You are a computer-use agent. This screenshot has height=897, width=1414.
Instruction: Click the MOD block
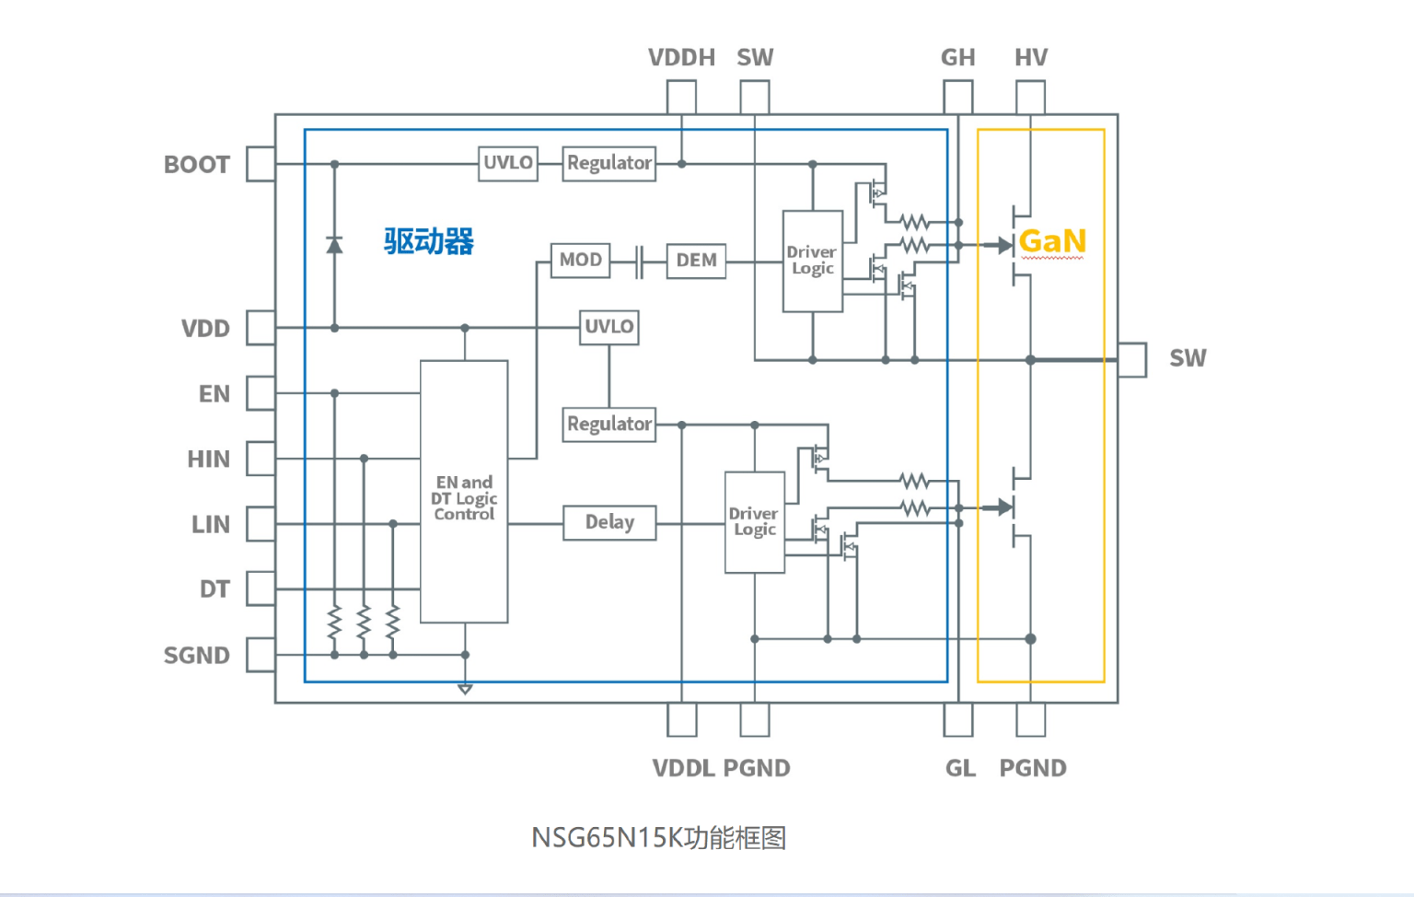(580, 261)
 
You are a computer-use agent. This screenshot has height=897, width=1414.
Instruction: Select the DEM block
(696, 261)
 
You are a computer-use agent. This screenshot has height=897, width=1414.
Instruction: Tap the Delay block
(609, 522)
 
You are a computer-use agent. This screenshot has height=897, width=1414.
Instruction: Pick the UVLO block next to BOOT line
(508, 163)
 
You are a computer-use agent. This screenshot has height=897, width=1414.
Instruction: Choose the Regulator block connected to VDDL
(609, 425)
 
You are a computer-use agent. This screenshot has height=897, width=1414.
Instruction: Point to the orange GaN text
(1052, 241)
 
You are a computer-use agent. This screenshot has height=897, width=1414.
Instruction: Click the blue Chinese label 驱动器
(429, 241)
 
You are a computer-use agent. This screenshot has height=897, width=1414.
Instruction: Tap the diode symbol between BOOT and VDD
(334, 245)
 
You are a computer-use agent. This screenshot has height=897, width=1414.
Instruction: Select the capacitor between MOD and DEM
(639, 261)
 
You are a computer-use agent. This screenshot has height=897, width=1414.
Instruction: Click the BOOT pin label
(196, 165)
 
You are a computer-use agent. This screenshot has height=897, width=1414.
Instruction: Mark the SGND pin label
(196, 656)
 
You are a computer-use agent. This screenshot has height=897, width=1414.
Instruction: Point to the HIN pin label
(208, 460)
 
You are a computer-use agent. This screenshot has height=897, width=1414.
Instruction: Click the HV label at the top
(1031, 58)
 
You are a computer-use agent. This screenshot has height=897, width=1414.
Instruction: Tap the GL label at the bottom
(960, 768)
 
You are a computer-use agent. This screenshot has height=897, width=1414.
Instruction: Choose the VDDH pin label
(681, 58)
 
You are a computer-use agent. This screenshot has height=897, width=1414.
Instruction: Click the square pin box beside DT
(261, 588)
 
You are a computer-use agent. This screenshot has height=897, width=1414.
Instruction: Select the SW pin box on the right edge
(1132, 359)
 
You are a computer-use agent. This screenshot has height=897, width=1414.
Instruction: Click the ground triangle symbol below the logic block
(465, 689)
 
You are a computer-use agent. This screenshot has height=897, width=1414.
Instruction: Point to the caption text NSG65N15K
(607, 838)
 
